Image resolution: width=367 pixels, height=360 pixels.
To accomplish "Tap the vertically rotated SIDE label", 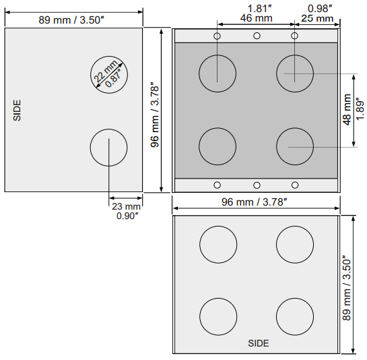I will pos(18,110).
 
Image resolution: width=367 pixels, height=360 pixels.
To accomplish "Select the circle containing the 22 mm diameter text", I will pos(110,73).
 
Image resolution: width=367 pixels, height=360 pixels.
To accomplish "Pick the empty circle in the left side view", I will pos(109,148).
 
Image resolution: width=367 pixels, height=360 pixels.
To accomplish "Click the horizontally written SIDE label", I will pos(259,343).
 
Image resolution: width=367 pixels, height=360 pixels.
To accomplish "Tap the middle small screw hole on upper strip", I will pos(257,36).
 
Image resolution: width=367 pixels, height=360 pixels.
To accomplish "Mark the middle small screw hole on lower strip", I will pos(257,185).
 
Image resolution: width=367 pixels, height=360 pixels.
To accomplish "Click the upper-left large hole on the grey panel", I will pos(218,72).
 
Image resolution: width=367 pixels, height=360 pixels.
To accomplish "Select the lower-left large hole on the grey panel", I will pos(218,146).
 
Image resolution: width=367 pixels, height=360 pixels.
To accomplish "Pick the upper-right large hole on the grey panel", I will pos(294,72).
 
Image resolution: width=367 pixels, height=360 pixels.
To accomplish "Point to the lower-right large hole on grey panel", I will pos(294,146).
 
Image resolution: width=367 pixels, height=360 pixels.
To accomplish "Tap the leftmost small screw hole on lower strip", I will pos(217,185).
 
